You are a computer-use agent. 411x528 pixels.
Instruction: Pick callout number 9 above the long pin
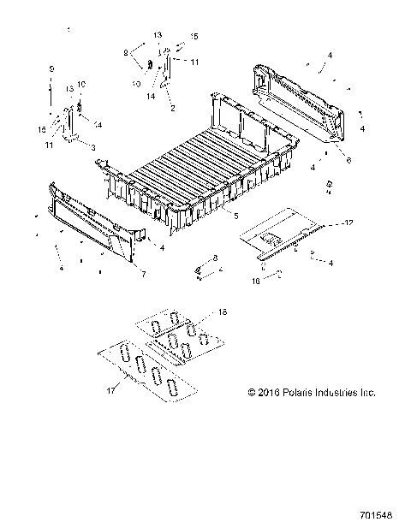tap(51, 68)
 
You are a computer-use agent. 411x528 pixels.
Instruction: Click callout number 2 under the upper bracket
tap(173, 110)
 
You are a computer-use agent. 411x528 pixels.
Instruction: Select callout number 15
tap(194, 37)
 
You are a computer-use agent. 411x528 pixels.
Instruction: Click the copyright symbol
tap(252, 393)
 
